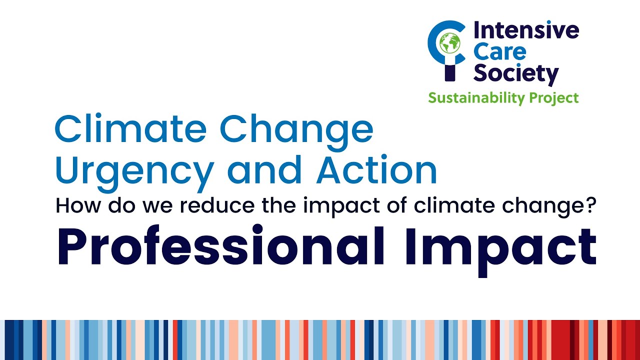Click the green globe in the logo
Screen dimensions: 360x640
click(x=449, y=43)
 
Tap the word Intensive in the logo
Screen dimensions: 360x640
click(x=526, y=31)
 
